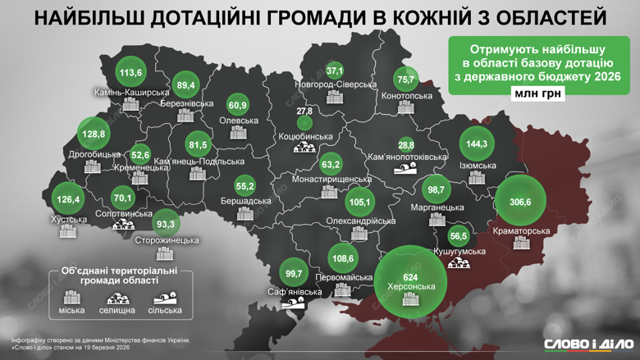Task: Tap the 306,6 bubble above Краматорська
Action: click(x=520, y=202)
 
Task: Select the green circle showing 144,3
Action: click(x=477, y=144)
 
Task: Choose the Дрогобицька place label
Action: click(x=94, y=154)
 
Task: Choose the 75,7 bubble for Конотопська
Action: click(x=405, y=80)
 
